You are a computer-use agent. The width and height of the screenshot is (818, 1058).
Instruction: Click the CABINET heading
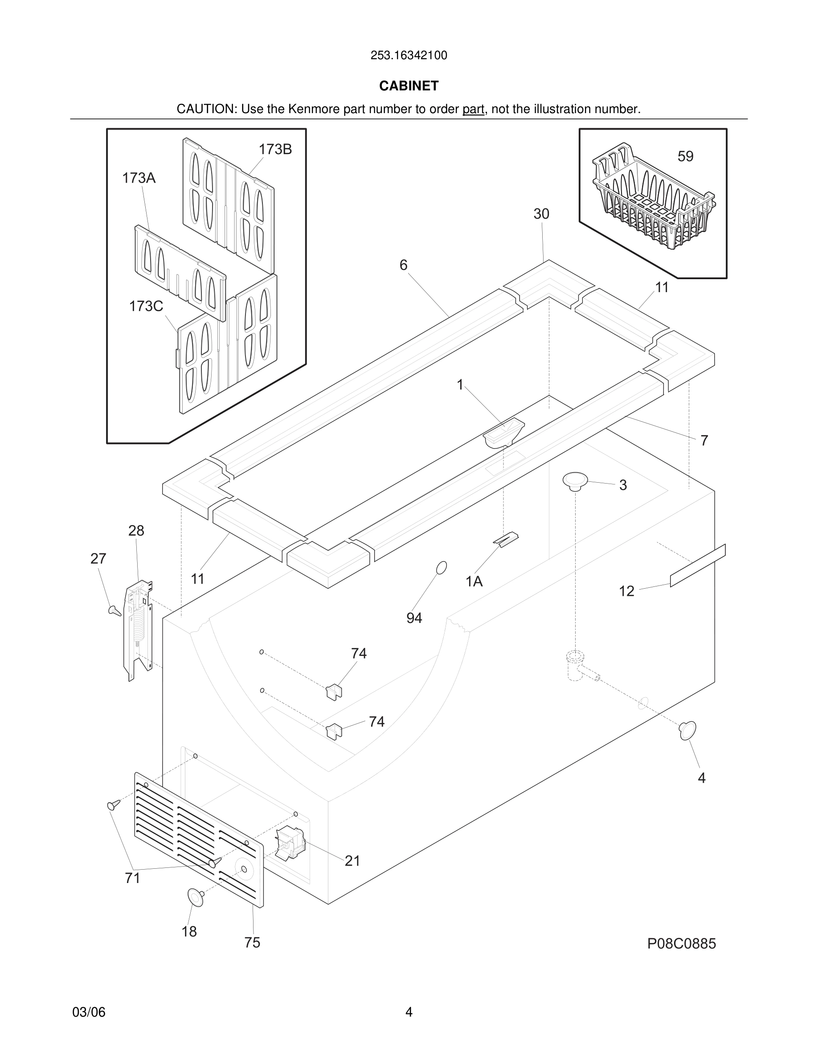pos(409,86)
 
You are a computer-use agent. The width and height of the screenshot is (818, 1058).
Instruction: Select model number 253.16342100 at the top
pos(409,56)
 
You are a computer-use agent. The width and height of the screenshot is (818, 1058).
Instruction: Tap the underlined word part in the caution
pos(473,110)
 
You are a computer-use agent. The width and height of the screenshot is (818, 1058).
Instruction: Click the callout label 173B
pos(275,150)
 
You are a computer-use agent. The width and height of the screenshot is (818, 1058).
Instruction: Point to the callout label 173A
pos(139,178)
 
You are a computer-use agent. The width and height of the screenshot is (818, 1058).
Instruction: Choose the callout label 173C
pos(146,306)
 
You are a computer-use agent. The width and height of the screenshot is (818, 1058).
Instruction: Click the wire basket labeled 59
pos(652,203)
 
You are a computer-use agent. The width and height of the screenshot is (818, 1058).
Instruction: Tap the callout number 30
pos(541,214)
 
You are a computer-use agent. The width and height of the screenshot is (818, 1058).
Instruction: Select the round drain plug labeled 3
pos(575,480)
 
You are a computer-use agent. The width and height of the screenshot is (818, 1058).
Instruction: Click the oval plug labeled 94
pos(442,568)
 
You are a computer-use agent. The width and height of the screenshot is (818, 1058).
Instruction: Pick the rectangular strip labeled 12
pos(697,566)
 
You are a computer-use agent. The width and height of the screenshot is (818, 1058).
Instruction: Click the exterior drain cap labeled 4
pos(687,731)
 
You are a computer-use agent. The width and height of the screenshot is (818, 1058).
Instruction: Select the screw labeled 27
pos(115,610)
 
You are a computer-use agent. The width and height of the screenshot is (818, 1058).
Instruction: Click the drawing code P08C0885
pos(681,944)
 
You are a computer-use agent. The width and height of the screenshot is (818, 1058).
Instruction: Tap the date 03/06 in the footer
pos(89,1012)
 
